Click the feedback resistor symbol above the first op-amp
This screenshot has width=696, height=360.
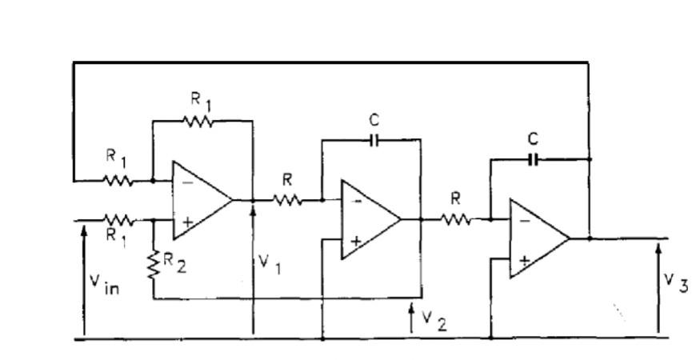[x=198, y=121]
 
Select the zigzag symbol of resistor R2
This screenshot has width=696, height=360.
[x=153, y=263]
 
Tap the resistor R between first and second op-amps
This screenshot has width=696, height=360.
[x=288, y=200]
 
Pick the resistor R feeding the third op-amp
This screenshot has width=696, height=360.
[x=456, y=218]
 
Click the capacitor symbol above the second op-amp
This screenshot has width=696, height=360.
[x=374, y=139]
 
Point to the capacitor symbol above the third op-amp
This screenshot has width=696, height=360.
[x=534, y=159]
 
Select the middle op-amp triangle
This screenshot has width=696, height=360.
[x=369, y=219]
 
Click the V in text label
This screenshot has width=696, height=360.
[x=103, y=283]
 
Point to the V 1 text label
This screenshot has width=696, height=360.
[x=269, y=264]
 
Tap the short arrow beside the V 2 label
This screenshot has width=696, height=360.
[x=411, y=318]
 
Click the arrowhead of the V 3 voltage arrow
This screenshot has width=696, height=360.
[x=658, y=248]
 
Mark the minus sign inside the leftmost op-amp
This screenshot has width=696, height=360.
[x=186, y=182]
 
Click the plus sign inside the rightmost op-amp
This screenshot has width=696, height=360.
[x=523, y=259]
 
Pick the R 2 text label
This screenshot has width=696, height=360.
[x=174, y=262]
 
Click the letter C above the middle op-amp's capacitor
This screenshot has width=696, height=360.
[x=374, y=120]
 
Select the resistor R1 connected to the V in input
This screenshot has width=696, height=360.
[x=119, y=218]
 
